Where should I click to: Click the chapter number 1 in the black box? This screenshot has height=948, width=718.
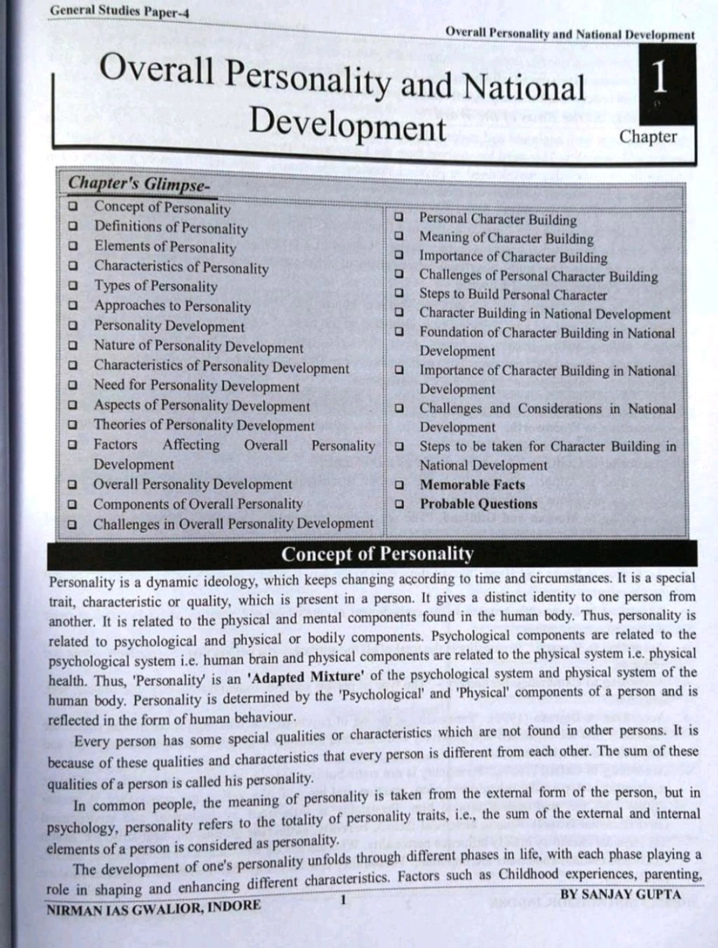click(x=659, y=78)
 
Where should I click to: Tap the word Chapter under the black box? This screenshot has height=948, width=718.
click(x=648, y=137)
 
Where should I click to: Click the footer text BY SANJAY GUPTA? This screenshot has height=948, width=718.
click(x=620, y=895)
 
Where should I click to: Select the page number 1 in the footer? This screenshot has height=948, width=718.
click(x=343, y=900)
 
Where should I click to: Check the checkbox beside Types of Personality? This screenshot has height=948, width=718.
click(x=73, y=286)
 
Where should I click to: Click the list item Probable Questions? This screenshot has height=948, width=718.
click(x=478, y=504)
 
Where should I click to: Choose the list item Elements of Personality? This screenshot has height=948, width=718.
click(x=165, y=247)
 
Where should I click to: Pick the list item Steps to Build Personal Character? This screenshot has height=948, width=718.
click(x=513, y=295)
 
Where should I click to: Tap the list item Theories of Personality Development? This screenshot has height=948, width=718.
click(x=203, y=426)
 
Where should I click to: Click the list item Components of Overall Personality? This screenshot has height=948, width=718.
click(x=197, y=504)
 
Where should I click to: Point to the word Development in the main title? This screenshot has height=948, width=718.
click(x=348, y=127)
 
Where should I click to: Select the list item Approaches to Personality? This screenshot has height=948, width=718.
click(x=172, y=306)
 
